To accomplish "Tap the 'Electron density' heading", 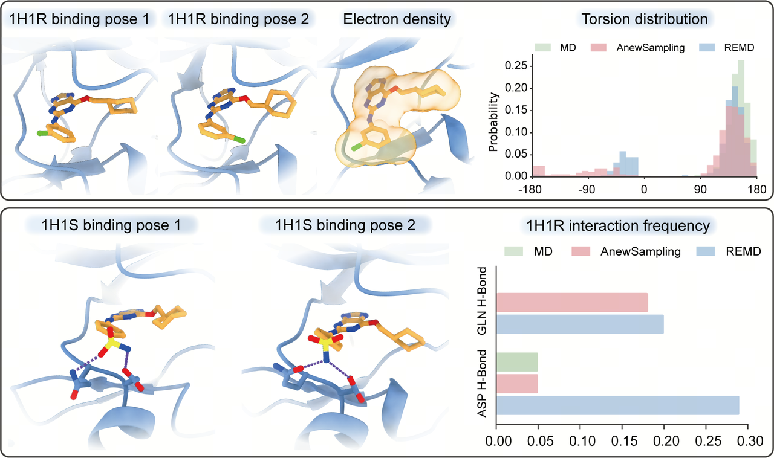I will pyautogui.click(x=397, y=19).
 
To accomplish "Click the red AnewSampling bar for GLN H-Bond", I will pyautogui.click(x=572, y=303).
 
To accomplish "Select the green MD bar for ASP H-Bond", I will pyautogui.click(x=517, y=362).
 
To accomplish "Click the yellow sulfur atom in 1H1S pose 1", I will pyautogui.click(x=111, y=344).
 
